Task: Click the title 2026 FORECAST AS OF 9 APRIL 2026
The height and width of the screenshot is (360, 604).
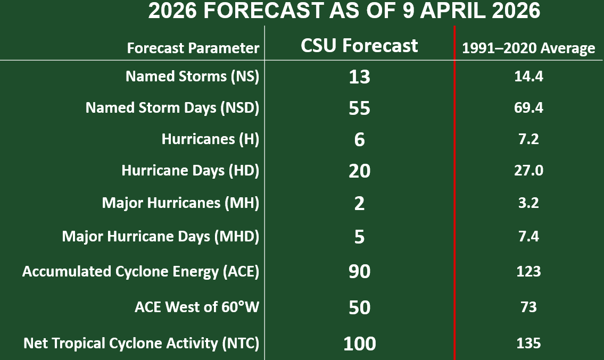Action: coord(344,12)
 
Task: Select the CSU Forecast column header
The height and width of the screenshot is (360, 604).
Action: coord(359,46)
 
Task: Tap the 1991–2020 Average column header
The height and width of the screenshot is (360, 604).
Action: coord(528,48)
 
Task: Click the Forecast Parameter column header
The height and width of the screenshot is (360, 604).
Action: coord(193,48)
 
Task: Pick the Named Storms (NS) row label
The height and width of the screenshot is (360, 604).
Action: coord(192,77)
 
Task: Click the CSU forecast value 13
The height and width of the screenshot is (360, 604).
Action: coord(359,77)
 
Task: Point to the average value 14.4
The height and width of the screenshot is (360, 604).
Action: coord(528,77)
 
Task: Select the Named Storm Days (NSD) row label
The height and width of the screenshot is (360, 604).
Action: coord(172,108)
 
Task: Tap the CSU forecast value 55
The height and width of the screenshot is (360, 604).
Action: coord(359,108)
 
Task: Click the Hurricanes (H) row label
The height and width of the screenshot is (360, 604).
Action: coord(210,139)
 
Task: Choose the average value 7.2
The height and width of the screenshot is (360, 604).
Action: coord(528,139)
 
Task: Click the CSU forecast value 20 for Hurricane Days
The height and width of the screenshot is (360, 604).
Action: coord(359,171)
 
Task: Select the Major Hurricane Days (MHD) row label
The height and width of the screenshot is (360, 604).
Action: coord(161,236)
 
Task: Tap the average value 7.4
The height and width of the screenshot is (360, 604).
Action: coord(528,236)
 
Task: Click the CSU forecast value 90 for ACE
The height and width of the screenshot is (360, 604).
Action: coord(359,272)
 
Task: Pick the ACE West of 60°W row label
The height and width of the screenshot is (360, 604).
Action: coord(197,307)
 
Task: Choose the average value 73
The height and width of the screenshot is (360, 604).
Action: coord(528,307)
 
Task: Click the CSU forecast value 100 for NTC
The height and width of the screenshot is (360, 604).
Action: coord(359,344)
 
